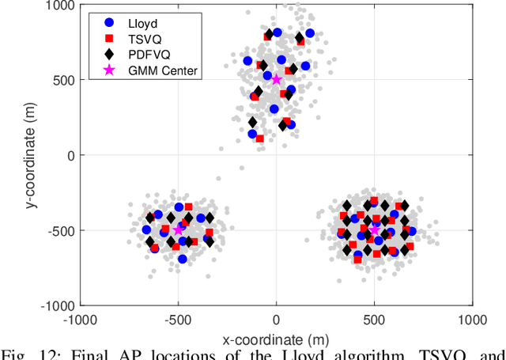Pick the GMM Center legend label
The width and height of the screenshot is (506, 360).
click(x=163, y=70)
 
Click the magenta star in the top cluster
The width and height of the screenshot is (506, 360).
click(x=276, y=79)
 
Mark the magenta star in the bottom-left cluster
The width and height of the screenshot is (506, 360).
click(x=178, y=229)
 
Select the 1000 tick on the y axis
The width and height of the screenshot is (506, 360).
click(x=60, y=6)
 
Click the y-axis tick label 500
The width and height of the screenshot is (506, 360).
click(x=63, y=80)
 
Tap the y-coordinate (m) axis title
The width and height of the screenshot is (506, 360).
click(x=30, y=154)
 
